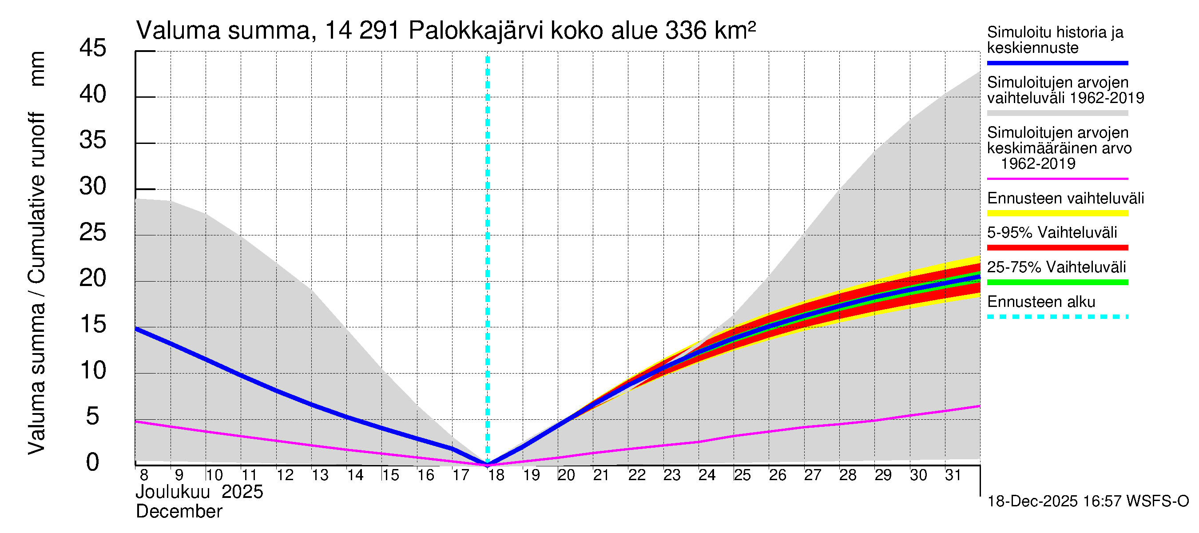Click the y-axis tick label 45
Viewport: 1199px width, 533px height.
(x=93, y=48)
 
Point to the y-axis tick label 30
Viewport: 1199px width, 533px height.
(x=93, y=187)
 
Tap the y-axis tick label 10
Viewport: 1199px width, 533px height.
(x=93, y=371)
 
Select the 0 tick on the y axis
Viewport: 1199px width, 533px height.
(x=93, y=462)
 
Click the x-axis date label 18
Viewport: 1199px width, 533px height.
(x=496, y=475)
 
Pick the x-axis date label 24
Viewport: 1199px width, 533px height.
(x=707, y=475)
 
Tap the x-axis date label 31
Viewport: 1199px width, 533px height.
(x=953, y=475)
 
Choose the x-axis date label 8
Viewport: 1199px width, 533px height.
(x=144, y=475)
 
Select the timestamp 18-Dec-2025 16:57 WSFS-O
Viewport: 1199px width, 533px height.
(x=1088, y=501)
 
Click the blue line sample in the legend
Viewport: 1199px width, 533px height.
(x=1057, y=63)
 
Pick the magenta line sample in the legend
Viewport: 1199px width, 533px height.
(x=1057, y=179)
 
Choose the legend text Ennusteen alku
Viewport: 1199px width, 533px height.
(x=1041, y=302)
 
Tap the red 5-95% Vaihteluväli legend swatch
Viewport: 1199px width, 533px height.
(x=1057, y=248)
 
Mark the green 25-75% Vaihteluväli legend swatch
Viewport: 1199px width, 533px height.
(x=1057, y=282)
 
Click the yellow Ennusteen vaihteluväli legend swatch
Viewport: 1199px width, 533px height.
(x=1057, y=213)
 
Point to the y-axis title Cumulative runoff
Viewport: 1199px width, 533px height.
(x=37, y=198)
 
